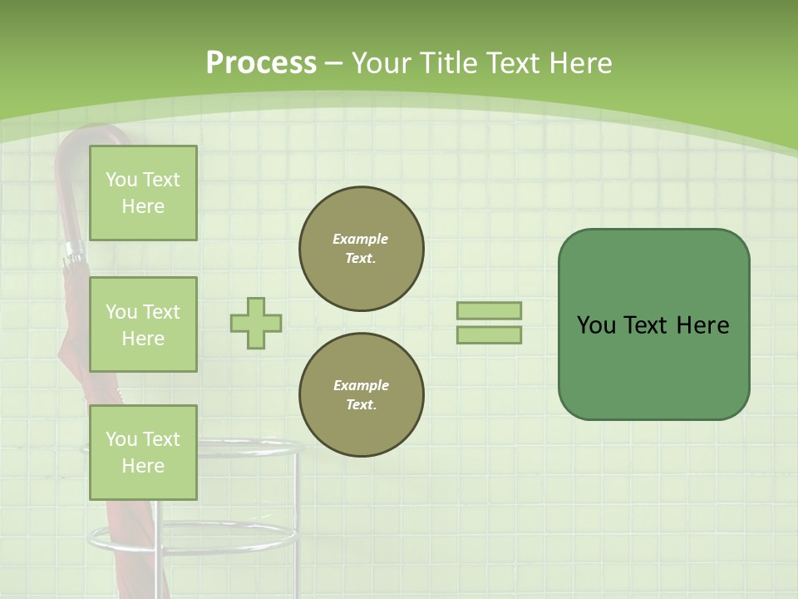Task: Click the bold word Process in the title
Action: pos(261,63)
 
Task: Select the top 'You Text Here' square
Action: pos(143,193)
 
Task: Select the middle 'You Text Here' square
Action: pos(143,324)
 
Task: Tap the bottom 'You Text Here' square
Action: pos(143,452)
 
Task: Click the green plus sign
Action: pos(256,323)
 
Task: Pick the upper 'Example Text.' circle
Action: pos(361,249)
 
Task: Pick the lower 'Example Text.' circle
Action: pos(361,395)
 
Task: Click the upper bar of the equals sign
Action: pos(489,311)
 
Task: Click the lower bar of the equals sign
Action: pos(489,335)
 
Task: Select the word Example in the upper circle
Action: pos(361,239)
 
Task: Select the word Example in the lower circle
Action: pos(361,385)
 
